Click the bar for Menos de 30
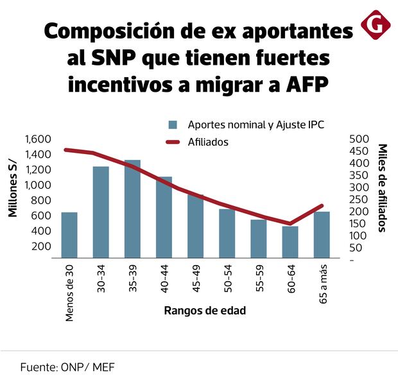click(x=69, y=236)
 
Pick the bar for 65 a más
click(x=322, y=236)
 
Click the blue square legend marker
click(x=173, y=125)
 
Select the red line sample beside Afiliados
click(x=173, y=143)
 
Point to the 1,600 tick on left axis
click(x=38, y=139)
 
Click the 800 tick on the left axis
click(x=42, y=200)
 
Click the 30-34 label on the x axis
click(x=101, y=281)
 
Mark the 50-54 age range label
click(x=227, y=281)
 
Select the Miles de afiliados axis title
click(x=382, y=187)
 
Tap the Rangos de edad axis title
click(x=205, y=311)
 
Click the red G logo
click(x=373, y=24)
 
